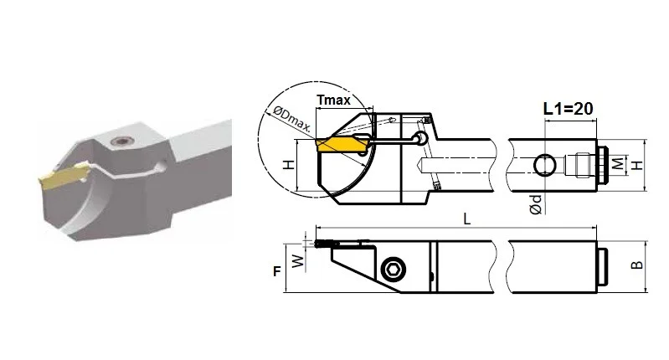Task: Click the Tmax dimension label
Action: tap(333, 100)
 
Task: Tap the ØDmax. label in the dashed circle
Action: tap(291, 118)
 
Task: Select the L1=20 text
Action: tap(568, 109)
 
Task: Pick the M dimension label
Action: tap(618, 163)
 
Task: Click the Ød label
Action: tap(536, 204)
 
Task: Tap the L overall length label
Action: tap(466, 219)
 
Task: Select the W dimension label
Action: tap(299, 260)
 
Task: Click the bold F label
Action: tap(277, 271)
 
